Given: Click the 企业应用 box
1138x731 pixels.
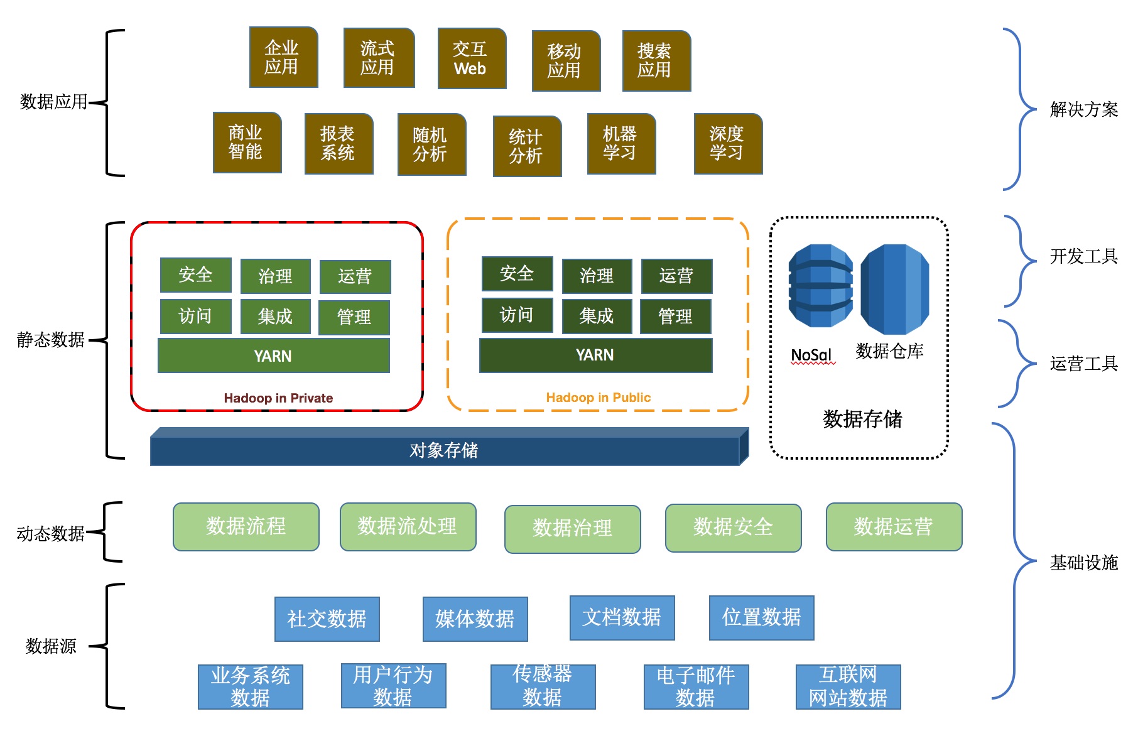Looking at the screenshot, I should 283,57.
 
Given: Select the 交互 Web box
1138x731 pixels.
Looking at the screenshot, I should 472,58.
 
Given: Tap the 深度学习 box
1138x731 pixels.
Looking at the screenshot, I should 728,144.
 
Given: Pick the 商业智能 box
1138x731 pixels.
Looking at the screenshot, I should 247,143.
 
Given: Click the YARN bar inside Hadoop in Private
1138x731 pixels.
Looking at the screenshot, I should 273,355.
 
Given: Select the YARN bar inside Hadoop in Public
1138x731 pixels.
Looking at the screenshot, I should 595,355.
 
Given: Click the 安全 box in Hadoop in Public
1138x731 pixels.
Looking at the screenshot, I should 517,274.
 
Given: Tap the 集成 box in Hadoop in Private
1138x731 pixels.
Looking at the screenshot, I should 275,316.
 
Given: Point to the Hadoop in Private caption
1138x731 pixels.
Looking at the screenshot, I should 278,398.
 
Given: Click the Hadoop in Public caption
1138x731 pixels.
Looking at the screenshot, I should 598,398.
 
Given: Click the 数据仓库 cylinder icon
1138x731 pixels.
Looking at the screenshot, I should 894,289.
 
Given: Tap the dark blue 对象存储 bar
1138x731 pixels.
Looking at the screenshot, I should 445,450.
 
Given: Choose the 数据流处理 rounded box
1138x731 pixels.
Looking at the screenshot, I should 408,527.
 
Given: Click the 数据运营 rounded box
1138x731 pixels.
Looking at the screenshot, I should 893,527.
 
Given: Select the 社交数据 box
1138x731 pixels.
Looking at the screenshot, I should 327,619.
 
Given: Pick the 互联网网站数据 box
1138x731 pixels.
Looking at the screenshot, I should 848,687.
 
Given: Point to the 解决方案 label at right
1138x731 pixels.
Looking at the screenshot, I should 1083,110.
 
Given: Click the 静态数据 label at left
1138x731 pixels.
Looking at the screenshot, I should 51,340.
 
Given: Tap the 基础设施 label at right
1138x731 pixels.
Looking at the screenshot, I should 1083,563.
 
